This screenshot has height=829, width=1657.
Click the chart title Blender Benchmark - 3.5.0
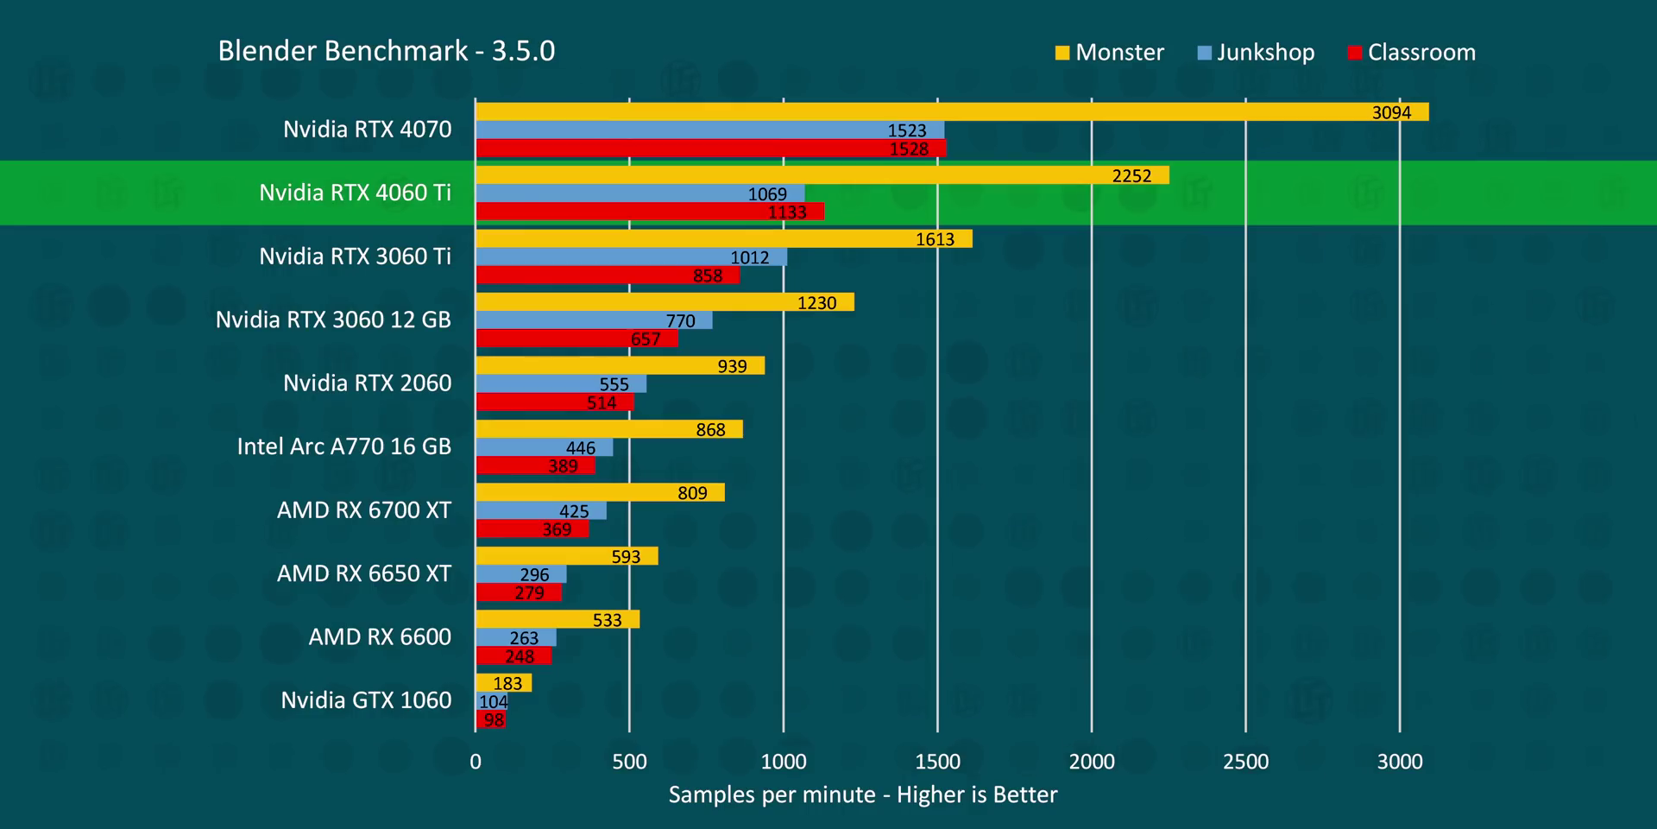pos(386,51)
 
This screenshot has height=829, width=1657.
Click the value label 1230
pos(816,303)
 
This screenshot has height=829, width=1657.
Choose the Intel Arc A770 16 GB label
pos(343,446)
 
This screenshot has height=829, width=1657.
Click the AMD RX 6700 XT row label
pos(363,510)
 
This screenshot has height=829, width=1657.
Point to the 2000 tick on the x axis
pos(1092,762)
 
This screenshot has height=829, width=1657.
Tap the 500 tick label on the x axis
pos(629,762)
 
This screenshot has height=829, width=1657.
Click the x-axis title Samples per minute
pos(862,794)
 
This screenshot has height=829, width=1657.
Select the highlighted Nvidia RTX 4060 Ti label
pos(355,193)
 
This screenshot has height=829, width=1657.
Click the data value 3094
pos(1391,112)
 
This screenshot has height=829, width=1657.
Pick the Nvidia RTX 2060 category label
pos(367,383)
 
